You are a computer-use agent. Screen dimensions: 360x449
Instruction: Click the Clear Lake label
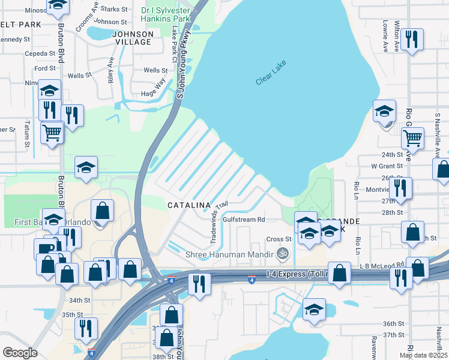pyautogui.click(x=271, y=73)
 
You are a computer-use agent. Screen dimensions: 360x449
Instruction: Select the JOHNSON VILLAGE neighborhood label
pyautogui.click(x=133, y=38)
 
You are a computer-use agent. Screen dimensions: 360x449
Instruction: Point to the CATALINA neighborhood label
pyautogui.click(x=184, y=205)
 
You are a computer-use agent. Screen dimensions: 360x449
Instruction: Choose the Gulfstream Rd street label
pyautogui.click(x=244, y=220)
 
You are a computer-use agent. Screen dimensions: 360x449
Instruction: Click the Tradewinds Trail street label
pyautogui.click(x=218, y=222)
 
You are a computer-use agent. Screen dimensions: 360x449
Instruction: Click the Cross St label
pyautogui.click(x=279, y=239)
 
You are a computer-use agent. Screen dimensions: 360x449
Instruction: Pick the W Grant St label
pyautogui.click(x=386, y=166)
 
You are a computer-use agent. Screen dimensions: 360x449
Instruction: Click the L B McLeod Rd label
pyautogui.click(x=382, y=265)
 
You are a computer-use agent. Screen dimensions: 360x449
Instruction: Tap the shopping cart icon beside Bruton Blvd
pyautogui.click(x=52, y=132)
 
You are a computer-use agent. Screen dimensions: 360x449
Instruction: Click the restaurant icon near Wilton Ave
pyautogui.click(x=412, y=40)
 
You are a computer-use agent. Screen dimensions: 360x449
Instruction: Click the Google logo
pyautogui.click(x=20, y=353)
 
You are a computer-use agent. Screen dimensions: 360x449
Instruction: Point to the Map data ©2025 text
pyautogui.click(x=423, y=355)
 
